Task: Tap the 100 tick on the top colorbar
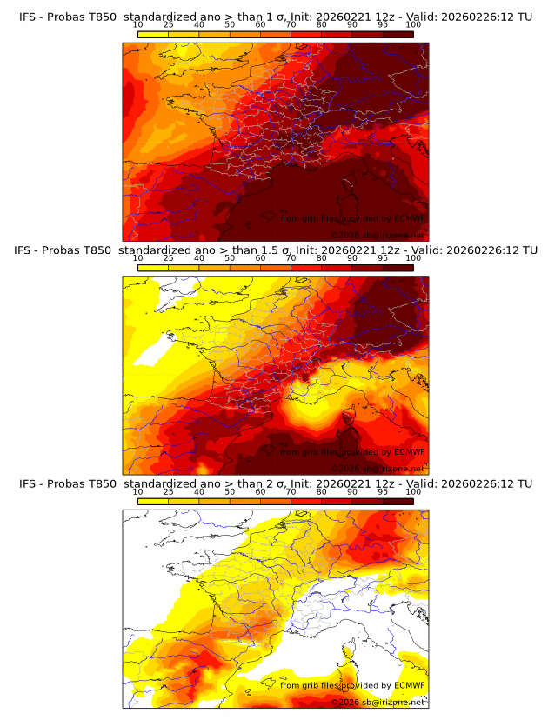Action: coord(413,24)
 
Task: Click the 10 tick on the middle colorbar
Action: coord(137,258)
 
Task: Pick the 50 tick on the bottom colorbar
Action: coord(230,492)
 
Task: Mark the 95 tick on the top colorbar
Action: coord(383,24)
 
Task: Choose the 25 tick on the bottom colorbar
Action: coord(168,492)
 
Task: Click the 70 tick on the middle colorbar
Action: coord(291,258)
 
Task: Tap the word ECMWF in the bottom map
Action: coord(409,685)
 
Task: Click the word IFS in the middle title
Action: coord(24,250)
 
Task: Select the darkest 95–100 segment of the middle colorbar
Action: coord(398,268)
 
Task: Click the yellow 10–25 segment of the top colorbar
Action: coord(153,34)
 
